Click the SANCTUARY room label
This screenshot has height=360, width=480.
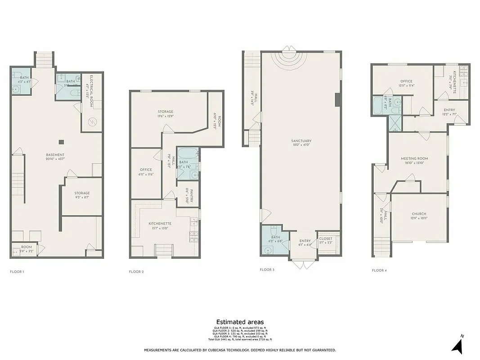(301, 141)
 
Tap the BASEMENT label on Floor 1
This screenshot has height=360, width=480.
(55, 155)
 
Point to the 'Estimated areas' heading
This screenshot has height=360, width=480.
(240, 322)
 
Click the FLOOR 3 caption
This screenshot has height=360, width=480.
(266, 270)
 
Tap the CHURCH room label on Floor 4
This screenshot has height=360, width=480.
(419, 214)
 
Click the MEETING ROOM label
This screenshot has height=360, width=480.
(414, 158)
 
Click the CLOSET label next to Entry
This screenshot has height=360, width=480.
(326, 238)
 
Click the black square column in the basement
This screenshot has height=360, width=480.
(62, 142)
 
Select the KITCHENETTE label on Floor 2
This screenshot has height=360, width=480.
(160, 223)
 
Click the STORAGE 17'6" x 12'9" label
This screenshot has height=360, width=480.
(165, 112)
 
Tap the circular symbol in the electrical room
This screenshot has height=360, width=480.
(92, 121)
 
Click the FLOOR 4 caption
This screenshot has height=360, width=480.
(379, 270)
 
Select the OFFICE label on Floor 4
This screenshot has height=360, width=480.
(406, 81)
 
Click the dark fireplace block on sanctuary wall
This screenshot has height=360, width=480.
(337, 99)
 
